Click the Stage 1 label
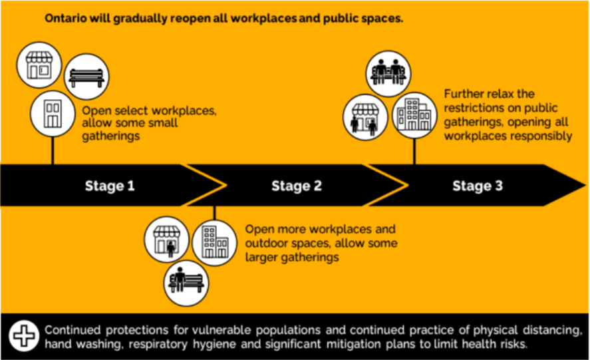click(110, 186)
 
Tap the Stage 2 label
click(297, 186)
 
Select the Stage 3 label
click(478, 186)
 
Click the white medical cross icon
click(24, 336)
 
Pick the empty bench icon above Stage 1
click(86, 77)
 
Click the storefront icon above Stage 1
click(39, 65)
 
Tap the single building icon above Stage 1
click(53, 113)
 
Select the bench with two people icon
click(388, 73)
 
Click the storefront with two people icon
click(365, 117)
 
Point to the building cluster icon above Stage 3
click(414, 115)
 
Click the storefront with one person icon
click(167, 239)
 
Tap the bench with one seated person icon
click(186, 283)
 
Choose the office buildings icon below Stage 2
click(214, 243)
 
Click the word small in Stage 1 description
click(162, 122)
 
